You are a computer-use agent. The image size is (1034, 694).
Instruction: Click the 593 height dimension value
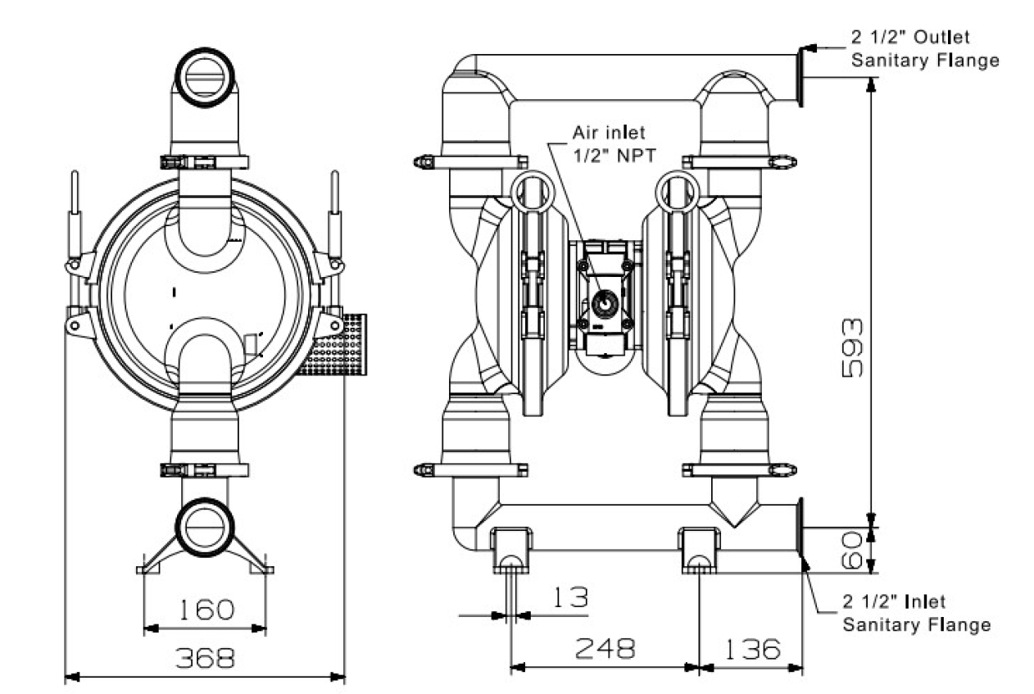[853, 347]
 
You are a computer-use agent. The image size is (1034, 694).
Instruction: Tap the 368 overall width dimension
[204, 657]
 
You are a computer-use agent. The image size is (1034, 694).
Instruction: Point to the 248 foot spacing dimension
[605, 649]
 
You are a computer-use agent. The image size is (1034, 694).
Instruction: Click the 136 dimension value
[751, 649]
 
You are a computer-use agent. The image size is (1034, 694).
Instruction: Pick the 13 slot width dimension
[569, 597]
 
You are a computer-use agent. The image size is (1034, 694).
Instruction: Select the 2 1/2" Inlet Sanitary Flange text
[916, 614]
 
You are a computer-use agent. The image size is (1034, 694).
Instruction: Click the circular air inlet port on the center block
[605, 304]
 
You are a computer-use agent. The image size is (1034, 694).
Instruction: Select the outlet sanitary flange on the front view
[798, 76]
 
